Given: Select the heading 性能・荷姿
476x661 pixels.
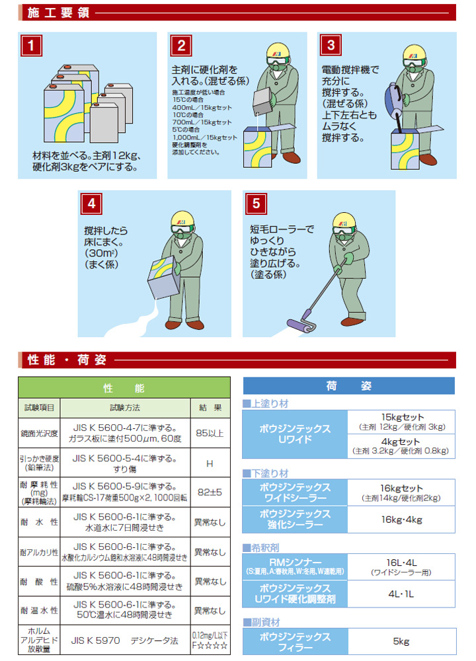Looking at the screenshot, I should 66,360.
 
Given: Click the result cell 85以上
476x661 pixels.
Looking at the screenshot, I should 210,433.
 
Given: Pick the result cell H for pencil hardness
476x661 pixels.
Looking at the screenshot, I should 210,463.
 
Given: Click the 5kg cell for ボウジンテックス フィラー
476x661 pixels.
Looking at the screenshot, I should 401,641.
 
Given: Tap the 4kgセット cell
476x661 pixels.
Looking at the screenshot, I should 401,446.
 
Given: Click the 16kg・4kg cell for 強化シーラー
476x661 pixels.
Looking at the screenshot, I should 401,520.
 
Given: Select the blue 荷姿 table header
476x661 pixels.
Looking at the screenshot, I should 348,386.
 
